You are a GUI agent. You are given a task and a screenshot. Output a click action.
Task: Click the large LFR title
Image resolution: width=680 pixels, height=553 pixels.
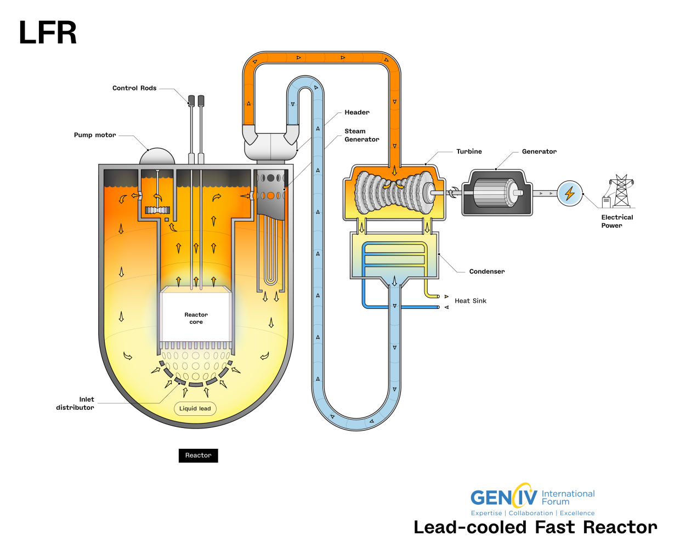coord(48,33)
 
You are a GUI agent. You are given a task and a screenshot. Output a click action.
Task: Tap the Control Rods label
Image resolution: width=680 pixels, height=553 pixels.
coord(134,88)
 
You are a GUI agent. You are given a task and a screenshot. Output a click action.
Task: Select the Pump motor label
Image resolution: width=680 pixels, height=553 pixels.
coord(95,135)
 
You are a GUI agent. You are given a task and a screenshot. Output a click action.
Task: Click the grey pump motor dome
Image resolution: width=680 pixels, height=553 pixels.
coord(157,157)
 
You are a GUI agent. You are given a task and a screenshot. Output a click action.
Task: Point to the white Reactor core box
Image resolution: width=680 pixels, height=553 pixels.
coord(196,317)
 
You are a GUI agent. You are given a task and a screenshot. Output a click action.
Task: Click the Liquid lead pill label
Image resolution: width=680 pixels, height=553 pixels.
coord(195,408)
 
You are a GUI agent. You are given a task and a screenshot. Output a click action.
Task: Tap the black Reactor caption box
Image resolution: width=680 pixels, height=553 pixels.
coord(198,455)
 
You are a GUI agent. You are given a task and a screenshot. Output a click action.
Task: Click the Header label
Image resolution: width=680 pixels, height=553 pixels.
coord(357,112)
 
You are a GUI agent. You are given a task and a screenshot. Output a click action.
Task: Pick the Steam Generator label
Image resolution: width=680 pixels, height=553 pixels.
coord(361,136)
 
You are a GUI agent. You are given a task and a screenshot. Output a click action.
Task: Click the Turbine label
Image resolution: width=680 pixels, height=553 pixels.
coord(469,151)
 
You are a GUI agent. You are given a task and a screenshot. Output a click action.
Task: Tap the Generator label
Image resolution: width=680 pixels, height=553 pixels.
coord(539,151)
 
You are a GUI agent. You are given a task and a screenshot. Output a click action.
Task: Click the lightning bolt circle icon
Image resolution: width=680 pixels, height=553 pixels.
coord(570,193)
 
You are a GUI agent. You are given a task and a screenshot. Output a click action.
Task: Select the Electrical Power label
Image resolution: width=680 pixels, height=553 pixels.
coord(616,221)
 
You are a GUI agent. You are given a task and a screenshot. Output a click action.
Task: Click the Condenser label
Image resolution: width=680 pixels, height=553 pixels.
coord(487,272)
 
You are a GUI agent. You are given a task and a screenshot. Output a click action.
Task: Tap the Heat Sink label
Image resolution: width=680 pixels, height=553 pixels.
coord(471,301)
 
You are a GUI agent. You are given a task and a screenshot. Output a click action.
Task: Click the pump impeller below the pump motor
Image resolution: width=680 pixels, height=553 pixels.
coord(157,210)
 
